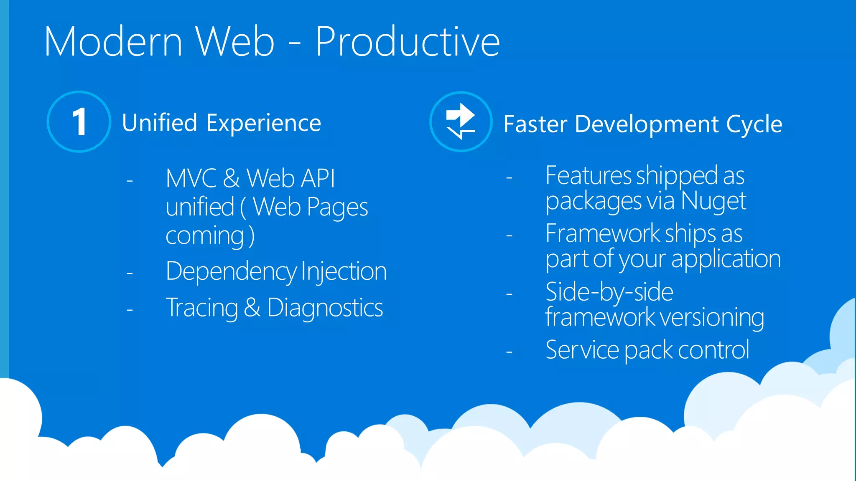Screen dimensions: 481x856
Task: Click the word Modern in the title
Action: click(x=113, y=41)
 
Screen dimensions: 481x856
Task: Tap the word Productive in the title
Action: click(x=408, y=41)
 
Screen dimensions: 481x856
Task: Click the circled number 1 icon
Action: click(x=79, y=122)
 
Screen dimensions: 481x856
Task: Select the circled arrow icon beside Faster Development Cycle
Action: click(x=461, y=122)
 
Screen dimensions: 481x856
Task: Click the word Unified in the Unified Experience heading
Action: click(x=159, y=123)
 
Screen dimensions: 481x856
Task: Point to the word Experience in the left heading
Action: click(x=264, y=124)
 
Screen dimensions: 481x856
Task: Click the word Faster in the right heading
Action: click(x=535, y=124)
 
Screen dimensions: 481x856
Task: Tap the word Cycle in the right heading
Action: click(x=754, y=124)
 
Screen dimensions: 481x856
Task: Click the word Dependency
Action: click(x=231, y=272)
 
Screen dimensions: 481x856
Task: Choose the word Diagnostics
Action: click(x=325, y=308)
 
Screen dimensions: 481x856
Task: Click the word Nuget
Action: click(x=713, y=201)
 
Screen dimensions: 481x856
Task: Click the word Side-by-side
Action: click(x=609, y=292)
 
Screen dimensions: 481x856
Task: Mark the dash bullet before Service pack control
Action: click(x=509, y=352)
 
